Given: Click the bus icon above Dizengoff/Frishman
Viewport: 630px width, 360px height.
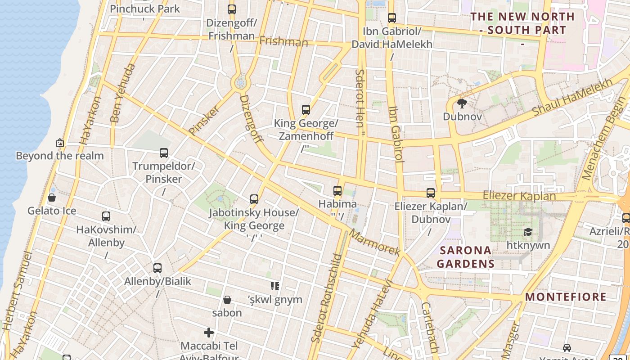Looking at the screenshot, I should tap(232, 9).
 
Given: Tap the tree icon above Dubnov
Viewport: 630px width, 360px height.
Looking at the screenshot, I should tap(462, 103).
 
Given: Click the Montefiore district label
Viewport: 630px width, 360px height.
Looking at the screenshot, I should tap(566, 297).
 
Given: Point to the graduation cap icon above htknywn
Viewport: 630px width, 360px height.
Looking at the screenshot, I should tap(528, 232).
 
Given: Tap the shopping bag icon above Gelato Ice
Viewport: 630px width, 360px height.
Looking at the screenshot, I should tap(52, 198).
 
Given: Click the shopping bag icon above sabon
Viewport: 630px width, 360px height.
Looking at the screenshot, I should tap(227, 300).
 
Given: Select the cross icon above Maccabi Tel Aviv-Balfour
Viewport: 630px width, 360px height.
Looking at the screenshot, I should tap(209, 333).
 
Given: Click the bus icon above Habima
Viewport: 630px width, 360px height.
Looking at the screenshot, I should tap(337, 191).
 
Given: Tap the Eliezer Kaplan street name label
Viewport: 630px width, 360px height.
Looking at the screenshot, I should tap(519, 196).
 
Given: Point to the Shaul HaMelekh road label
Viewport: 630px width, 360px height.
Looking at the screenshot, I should tap(572, 96).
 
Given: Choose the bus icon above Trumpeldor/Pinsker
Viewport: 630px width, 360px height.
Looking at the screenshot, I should tap(164, 153).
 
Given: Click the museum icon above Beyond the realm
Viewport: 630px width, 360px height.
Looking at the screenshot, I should tap(59, 143).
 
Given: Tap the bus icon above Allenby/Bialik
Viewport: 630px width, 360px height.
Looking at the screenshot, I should tap(157, 268).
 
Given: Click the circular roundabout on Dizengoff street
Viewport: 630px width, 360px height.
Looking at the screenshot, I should tap(240, 82).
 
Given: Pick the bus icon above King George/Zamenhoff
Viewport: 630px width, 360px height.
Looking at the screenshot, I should tap(306, 110).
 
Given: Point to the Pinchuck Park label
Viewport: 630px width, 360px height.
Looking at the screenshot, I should tap(144, 9).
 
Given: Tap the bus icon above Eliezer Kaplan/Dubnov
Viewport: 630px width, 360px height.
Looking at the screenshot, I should tap(431, 193).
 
